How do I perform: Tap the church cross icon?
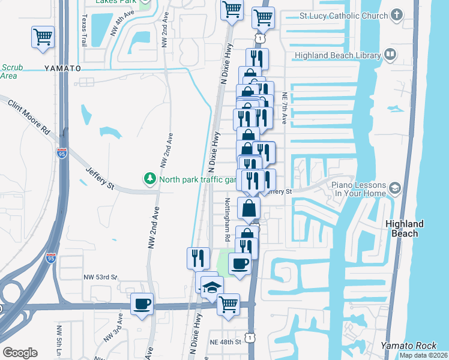(396, 14)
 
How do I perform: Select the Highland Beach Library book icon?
(390, 55)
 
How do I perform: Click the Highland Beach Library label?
(337, 56)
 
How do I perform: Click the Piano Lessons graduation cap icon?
(394, 188)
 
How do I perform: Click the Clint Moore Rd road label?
(28, 116)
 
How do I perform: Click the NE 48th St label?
(225, 341)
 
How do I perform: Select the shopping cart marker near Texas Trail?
(43, 37)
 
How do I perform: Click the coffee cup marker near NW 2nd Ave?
(142, 304)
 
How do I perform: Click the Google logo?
(20, 353)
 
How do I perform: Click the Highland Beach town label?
(404, 228)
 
